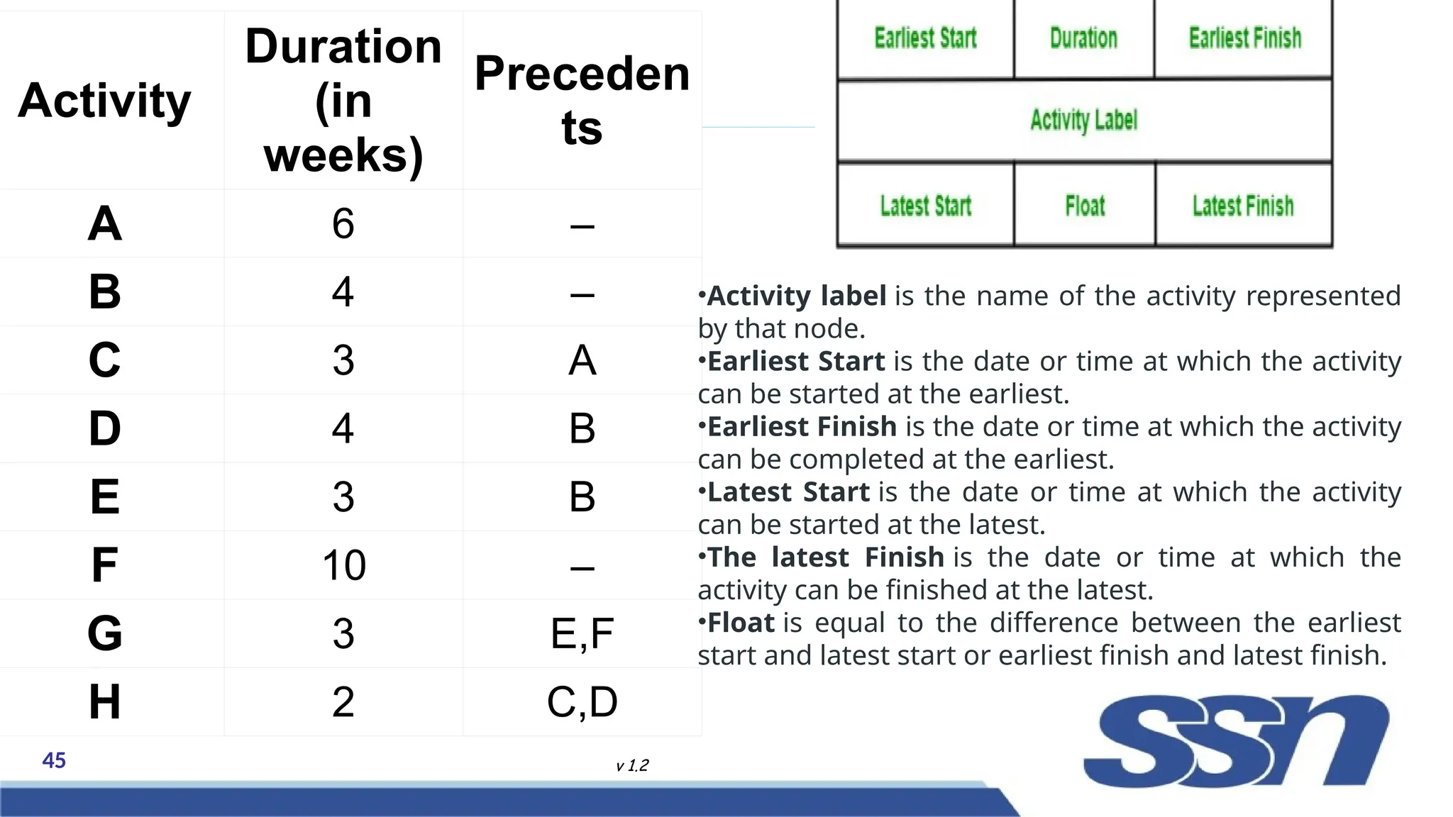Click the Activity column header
pyautogui.click(x=104, y=100)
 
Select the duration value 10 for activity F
pyautogui.click(x=344, y=565)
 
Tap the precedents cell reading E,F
pyautogui.click(x=582, y=633)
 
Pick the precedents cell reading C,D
pyautogui.click(x=582, y=702)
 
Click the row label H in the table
pyautogui.click(x=104, y=702)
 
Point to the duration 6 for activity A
pyautogui.click(x=343, y=223)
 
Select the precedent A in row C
pyautogui.click(x=582, y=360)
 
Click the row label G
pyautogui.click(x=104, y=633)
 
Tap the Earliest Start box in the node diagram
pyautogui.click(x=925, y=38)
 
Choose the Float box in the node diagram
pyautogui.click(x=1085, y=206)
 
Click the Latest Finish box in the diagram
pyautogui.click(x=1243, y=206)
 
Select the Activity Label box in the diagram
pyautogui.click(x=1084, y=121)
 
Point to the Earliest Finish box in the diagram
pyautogui.click(x=1244, y=38)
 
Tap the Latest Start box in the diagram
pyautogui.click(x=925, y=206)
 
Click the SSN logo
pyautogui.click(x=1236, y=741)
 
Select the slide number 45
pyautogui.click(x=54, y=761)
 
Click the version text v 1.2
pyautogui.click(x=632, y=766)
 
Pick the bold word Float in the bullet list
pyautogui.click(x=741, y=623)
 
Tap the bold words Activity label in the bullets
pyautogui.click(x=797, y=296)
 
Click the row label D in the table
pyautogui.click(x=104, y=428)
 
